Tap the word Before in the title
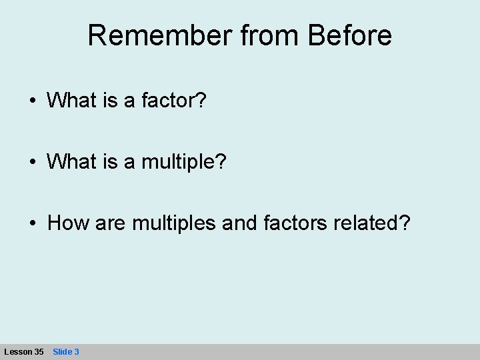[350, 36]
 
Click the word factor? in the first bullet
[182, 101]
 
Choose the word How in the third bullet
[64, 223]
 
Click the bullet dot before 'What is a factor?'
[33, 102]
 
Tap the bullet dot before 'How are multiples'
[33, 223]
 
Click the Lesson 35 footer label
[24, 351]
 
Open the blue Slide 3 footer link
[66, 351]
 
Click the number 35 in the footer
[39, 351]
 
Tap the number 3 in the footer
[77, 351]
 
